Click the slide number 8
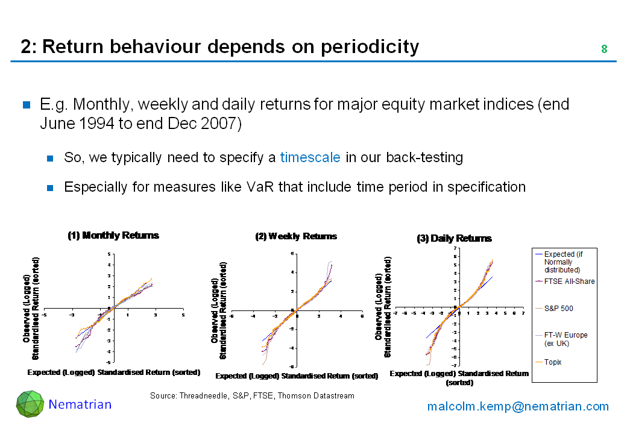point(604,49)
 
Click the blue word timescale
point(310,158)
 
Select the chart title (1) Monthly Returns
point(113,236)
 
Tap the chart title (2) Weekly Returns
point(296,236)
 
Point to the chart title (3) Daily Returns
point(455,239)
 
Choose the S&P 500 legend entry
point(558,309)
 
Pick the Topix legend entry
point(553,362)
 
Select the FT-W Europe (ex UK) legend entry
point(566,339)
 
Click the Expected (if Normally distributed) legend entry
point(563,262)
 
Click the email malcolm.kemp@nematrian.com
point(518,406)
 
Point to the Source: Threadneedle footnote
point(252,396)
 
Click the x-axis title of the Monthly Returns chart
point(113,373)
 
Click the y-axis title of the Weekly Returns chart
point(219,310)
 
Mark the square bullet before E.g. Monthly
point(27,105)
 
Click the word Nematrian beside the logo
point(80,404)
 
